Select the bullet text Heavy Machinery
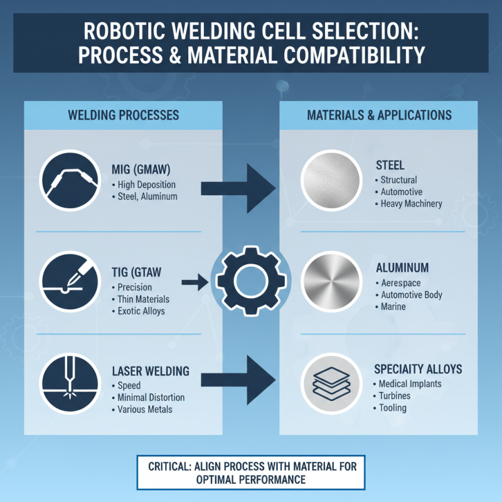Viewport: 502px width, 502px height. click(x=411, y=203)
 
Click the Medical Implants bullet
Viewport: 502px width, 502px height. click(x=410, y=384)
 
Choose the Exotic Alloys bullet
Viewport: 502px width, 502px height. click(x=141, y=311)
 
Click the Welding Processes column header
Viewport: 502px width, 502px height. click(x=123, y=115)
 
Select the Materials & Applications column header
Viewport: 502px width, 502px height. click(x=379, y=115)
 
